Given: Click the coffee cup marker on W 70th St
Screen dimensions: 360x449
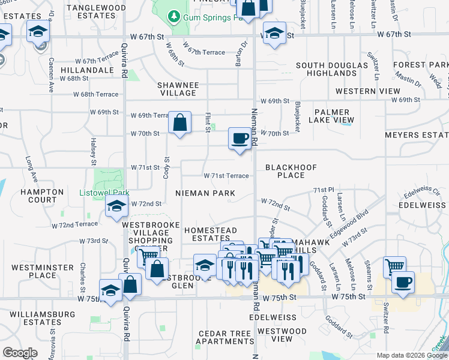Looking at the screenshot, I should (240, 139).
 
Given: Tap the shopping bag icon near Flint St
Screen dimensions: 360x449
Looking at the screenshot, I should (180, 123).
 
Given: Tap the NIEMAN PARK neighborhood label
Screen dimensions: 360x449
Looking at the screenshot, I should (205, 193).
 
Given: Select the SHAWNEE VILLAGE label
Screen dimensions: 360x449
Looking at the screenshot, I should (178, 89).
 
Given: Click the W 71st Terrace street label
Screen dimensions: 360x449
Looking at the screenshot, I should (226, 176).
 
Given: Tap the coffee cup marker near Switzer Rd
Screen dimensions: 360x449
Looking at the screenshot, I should (403, 282).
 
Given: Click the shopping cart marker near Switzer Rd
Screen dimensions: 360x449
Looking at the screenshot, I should (394, 266).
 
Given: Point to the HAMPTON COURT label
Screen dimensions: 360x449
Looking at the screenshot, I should (42, 196).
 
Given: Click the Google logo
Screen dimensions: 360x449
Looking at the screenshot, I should (20, 353).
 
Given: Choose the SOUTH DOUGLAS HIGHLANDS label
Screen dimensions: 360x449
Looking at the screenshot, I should (331, 69).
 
